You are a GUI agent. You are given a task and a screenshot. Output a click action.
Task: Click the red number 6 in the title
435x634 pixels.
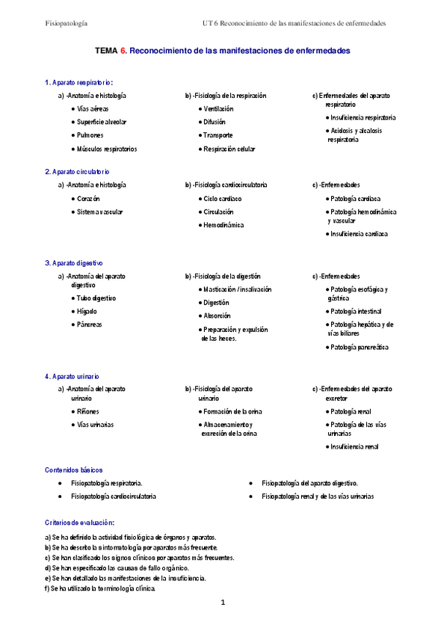coord(123,51)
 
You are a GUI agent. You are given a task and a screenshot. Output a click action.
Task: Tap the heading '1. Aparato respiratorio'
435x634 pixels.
coord(78,82)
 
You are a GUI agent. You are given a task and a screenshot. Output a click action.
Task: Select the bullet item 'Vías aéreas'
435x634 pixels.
coord(93,109)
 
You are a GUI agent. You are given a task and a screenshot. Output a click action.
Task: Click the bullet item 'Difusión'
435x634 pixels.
coord(215,122)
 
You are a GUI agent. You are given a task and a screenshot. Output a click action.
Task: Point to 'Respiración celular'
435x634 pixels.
coord(229,149)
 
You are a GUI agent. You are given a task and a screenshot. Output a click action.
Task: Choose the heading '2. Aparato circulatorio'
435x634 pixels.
coord(77,171)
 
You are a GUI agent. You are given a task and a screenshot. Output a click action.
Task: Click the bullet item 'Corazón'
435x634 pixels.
coord(88,199)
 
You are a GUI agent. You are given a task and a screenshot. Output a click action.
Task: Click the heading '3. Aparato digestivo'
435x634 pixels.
coord(73,263)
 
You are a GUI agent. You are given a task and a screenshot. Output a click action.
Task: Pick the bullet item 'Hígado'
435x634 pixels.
coord(87,311)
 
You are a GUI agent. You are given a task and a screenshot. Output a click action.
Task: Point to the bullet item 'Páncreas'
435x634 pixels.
coord(90,324)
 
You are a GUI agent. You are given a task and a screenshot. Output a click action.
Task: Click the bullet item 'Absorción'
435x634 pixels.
coord(217,316)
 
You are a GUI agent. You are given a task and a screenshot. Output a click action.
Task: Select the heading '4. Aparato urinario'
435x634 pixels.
coord(72,377)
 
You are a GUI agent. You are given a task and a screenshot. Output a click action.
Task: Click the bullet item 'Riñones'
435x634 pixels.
coord(88,411)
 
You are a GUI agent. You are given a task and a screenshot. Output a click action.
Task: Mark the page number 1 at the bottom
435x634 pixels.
coord(223,602)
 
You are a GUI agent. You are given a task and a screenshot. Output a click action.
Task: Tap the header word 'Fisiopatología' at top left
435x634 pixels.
coord(67,23)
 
